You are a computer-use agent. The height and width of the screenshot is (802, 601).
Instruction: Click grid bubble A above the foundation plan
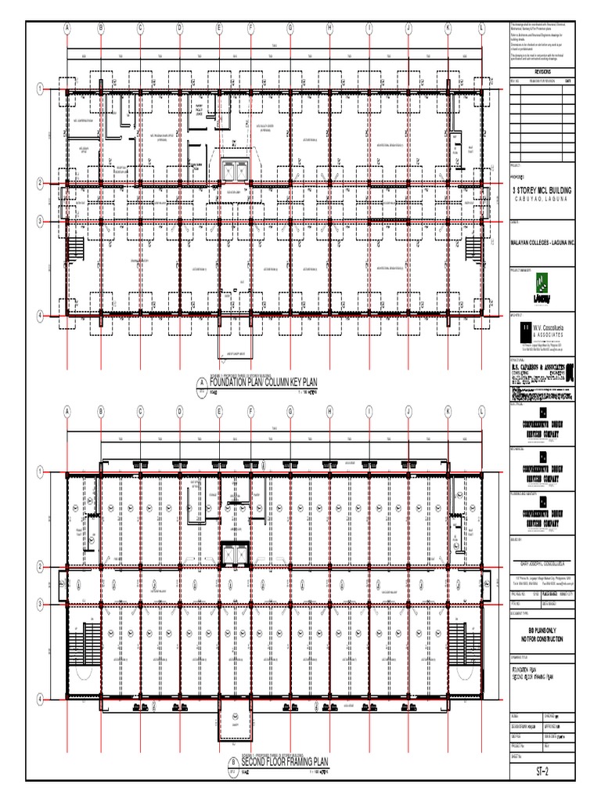67,28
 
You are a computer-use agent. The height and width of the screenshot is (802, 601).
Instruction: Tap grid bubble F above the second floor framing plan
251,410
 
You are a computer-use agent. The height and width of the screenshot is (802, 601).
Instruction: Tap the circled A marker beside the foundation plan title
198,384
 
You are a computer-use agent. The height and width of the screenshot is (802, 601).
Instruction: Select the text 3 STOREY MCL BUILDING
542,190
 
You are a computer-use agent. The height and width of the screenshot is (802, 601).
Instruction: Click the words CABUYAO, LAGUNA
542,200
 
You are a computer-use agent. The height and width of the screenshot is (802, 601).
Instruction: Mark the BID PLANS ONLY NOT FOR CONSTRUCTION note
542,634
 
